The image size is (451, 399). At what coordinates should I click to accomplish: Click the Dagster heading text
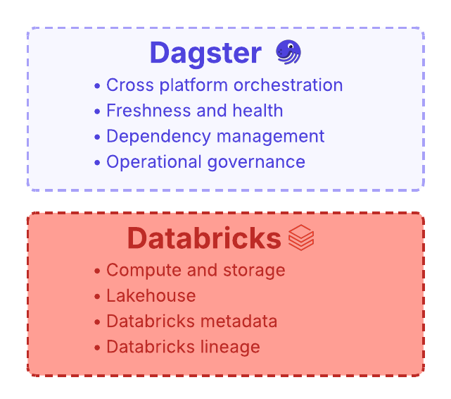[x=205, y=54]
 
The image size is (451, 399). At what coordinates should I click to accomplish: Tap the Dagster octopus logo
[x=288, y=52]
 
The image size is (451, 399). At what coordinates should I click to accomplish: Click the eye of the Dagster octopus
[x=291, y=47]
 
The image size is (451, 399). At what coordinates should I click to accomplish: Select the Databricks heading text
[x=204, y=238]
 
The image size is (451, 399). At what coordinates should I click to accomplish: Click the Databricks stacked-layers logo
[x=301, y=238]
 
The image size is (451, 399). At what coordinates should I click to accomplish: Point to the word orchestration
[x=288, y=85]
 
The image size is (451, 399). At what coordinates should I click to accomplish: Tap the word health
[x=258, y=111]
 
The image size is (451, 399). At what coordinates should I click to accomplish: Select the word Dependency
[x=159, y=137]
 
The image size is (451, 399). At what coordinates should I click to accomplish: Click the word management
[x=270, y=137]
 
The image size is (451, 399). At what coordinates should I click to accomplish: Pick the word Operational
[x=154, y=161]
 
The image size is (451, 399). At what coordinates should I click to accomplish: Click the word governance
[x=256, y=162]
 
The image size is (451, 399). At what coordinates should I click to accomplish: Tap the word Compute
[x=144, y=271]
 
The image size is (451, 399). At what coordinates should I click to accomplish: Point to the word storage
[x=254, y=271]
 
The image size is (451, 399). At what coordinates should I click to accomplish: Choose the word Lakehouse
[x=151, y=295]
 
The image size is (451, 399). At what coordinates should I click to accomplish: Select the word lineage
[x=230, y=347]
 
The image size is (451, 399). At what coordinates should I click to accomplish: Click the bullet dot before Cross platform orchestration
[x=97, y=86]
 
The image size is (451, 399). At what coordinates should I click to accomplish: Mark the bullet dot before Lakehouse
[x=97, y=297]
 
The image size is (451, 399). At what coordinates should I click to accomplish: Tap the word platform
[x=193, y=85]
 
